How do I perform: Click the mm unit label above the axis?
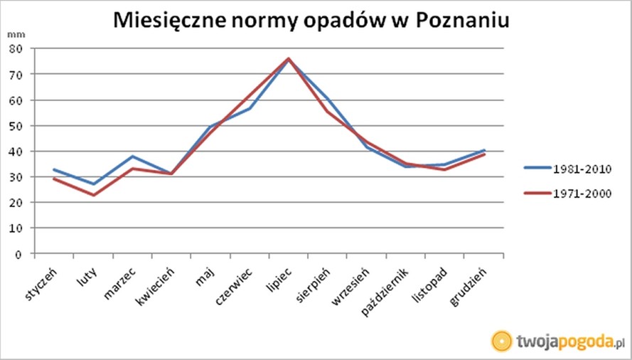[14, 34]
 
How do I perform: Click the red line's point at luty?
[93, 195]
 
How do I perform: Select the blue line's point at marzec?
[132, 157]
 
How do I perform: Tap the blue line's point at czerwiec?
[250, 108]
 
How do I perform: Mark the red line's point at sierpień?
[328, 111]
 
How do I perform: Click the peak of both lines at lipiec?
[289, 58]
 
